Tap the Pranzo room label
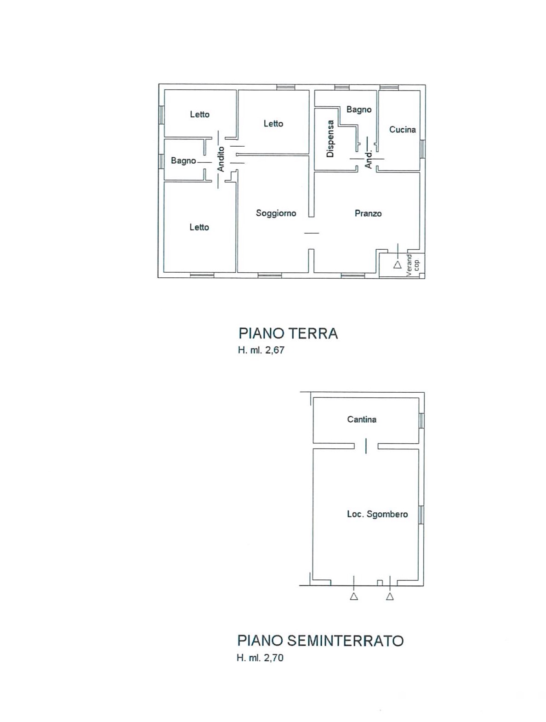point(368,213)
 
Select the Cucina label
point(402,130)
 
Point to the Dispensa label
point(330,138)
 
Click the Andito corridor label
point(221,159)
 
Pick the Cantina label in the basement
point(362,419)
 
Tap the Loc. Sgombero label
point(377,514)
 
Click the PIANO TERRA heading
point(288,333)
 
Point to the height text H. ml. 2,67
point(262,350)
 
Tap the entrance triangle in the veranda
point(398,264)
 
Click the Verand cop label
point(413,265)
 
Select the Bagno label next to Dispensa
point(359,109)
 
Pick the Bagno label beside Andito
point(183,161)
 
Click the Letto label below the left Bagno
point(199,227)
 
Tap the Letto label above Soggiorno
point(273,124)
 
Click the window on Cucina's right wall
point(422,149)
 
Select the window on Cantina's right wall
point(421,420)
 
